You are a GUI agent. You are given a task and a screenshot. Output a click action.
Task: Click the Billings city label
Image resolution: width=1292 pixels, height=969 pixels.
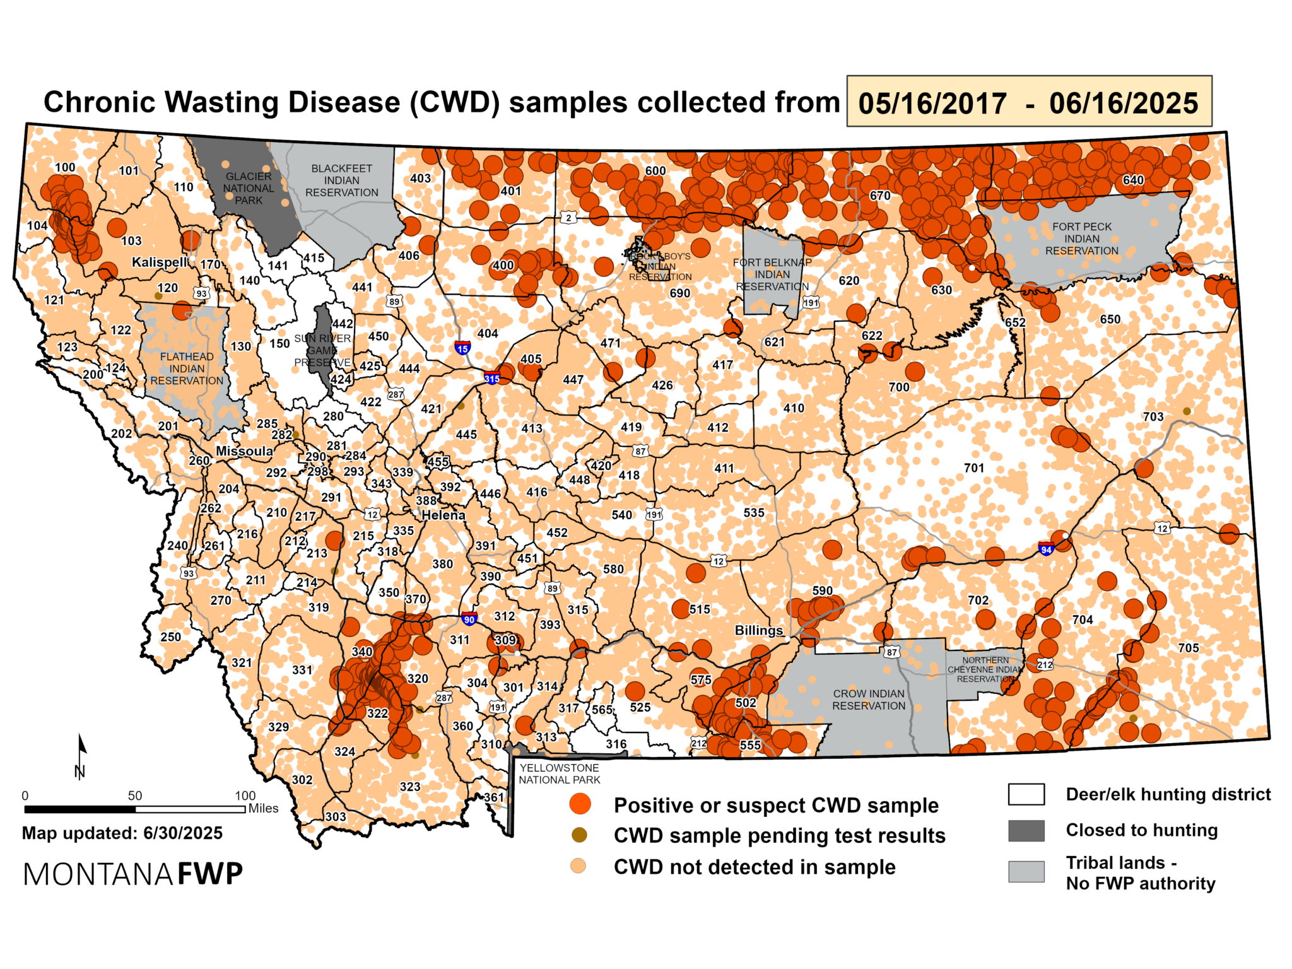(758, 630)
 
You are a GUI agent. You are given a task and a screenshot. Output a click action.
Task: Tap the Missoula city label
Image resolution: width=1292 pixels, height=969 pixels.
(244, 451)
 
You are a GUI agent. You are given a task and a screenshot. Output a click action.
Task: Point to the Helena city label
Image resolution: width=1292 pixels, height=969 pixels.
(443, 515)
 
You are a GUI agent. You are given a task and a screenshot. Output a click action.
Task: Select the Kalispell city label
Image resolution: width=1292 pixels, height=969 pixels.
(160, 262)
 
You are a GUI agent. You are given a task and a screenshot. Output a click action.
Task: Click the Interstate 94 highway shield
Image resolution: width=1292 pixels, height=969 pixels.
(1045, 548)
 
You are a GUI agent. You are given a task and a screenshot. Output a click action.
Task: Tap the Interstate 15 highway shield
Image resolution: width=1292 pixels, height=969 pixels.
(462, 348)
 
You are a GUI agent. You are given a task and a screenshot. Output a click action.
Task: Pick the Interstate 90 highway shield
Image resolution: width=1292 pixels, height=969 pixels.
(469, 618)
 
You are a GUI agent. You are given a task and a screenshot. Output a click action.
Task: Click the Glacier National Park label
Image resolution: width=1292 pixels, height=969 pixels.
(249, 188)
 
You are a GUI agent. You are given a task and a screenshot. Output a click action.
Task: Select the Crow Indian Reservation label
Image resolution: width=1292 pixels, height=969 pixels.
(868, 699)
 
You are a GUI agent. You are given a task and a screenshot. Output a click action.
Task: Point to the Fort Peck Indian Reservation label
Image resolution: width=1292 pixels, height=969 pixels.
(1081, 238)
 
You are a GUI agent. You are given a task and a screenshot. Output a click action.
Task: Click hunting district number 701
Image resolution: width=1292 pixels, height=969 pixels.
(973, 467)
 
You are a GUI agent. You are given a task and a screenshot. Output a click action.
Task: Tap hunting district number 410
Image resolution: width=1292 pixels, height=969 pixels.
(794, 408)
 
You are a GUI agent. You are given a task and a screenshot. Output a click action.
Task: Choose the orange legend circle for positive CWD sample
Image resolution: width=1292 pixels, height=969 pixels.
(580, 804)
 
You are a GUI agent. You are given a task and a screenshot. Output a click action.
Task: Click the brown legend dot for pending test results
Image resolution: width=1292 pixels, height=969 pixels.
(579, 835)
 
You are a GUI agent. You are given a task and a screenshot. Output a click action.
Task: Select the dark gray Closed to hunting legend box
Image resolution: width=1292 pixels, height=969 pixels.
(1026, 830)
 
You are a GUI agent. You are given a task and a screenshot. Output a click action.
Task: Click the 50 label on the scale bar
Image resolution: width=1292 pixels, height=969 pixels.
(135, 796)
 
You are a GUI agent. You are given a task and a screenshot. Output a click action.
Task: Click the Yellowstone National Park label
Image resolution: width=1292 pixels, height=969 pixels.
(559, 773)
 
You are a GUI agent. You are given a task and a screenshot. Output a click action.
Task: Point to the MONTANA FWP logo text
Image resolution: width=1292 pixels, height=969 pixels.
(132, 874)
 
